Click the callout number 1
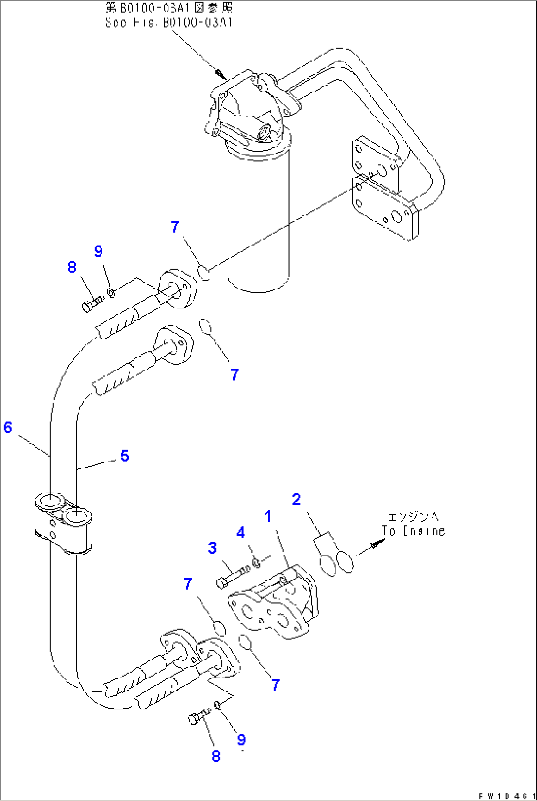268,516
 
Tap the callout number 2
296,499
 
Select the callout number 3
212,548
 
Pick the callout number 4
241,532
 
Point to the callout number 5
124,456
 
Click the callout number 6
8,427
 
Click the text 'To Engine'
414,531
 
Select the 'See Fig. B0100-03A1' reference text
168,22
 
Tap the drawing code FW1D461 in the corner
507,796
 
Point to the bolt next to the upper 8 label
92,303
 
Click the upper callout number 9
99,251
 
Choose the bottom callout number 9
241,739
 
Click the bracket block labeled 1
273,603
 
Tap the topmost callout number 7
175,227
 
